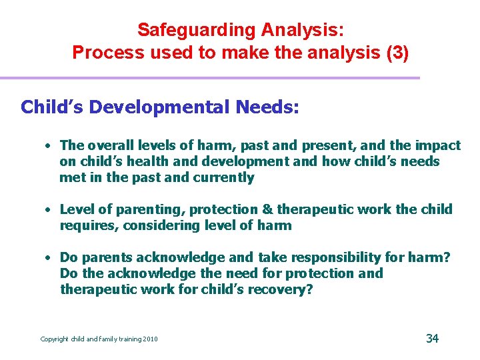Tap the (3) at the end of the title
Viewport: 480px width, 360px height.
[x=394, y=53]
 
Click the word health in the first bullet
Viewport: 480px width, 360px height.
[x=143, y=161]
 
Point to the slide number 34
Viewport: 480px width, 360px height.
[x=432, y=338]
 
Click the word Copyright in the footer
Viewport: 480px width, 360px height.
[x=55, y=339]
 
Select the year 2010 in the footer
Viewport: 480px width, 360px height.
[x=150, y=339]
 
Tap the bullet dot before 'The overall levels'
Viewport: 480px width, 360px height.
[x=49, y=146]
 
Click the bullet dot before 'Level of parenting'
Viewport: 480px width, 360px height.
[x=49, y=210]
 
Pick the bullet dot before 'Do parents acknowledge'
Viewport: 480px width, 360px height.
[x=49, y=258]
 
